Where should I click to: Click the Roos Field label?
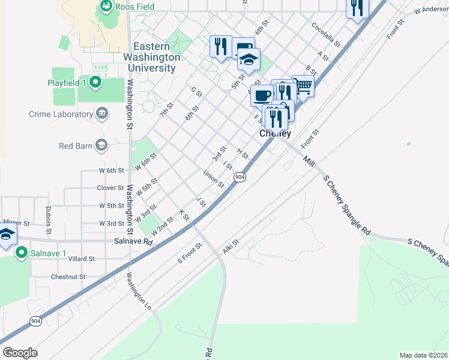135,7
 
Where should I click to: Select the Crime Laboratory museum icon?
102,113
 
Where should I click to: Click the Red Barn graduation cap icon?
101,145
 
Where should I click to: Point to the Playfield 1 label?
67,82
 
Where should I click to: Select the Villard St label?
82,259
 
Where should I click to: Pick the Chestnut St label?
68,277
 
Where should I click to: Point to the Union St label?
213,179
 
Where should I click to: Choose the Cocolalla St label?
326,35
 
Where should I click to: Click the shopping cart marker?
303,86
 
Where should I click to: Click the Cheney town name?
275,134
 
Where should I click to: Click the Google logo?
20,352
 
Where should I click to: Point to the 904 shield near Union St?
240,177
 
